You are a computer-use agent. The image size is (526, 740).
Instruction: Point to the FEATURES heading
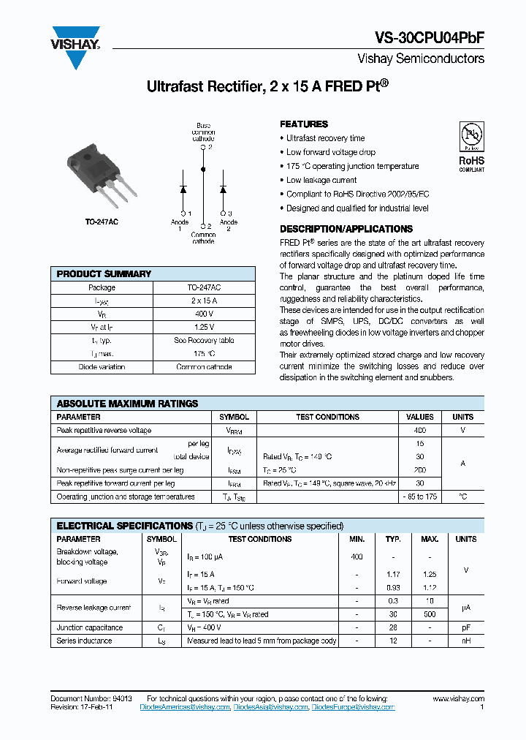304,124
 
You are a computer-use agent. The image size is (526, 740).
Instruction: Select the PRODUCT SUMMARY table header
104,274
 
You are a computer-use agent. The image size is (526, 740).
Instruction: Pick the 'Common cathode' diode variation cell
204,367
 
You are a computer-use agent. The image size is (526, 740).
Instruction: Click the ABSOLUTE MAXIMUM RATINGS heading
128,404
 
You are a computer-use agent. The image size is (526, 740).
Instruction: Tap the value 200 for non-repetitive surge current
419,470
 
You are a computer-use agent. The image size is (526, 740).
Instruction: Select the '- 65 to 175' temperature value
419,497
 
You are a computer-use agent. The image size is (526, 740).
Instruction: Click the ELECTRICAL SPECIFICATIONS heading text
124,526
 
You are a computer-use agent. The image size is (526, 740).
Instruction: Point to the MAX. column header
430,540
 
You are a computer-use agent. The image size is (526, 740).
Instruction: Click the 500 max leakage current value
430,615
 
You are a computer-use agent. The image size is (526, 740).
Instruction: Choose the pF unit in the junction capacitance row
465,628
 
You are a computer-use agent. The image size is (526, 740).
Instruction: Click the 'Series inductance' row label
85,641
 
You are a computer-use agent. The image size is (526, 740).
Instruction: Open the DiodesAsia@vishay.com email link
271,708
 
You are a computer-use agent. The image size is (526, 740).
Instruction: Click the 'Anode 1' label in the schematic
180,225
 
